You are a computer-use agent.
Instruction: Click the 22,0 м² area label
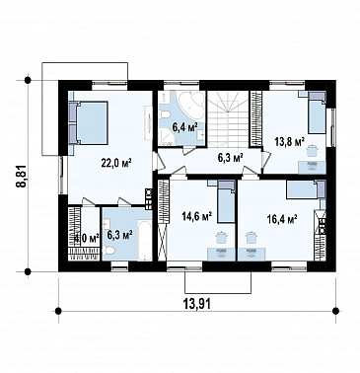click(116, 164)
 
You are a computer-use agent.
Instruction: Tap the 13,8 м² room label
click(289, 142)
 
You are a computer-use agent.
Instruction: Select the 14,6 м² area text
click(197, 217)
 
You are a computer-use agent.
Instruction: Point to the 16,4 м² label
click(282, 219)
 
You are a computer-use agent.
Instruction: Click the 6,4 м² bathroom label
click(185, 127)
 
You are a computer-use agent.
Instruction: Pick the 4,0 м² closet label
click(87, 238)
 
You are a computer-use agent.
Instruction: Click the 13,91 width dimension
click(197, 303)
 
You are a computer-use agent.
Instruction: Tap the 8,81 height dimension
click(22, 176)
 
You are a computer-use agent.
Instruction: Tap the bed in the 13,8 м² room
click(317, 112)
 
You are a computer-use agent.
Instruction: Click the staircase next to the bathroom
click(227, 117)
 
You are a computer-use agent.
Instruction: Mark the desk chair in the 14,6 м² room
click(220, 237)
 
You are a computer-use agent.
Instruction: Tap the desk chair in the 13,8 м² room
click(311, 150)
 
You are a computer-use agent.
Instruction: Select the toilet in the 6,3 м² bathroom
click(108, 251)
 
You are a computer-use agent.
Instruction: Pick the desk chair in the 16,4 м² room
click(252, 237)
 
